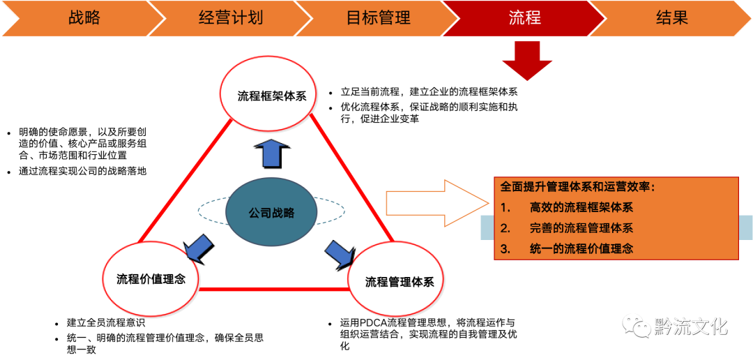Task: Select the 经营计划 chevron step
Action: pyautogui.click(x=230, y=18)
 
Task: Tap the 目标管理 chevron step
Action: pyautogui.click(x=378, y=18)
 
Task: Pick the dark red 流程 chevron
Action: pyautogui.click(x=524, y=18)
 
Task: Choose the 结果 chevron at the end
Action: pyautogui.click(x=671, y=18)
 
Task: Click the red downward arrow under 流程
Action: pyautogui.click(x=526, y=59)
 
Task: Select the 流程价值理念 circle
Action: pyautogui.click(x=151, y=278)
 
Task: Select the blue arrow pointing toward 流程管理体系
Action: pyautogui.click(x=340, y=253)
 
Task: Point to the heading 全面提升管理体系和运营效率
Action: pyautogui.click(x=578, y=187)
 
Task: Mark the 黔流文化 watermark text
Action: pyautogui.click(x=690, y=326)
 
